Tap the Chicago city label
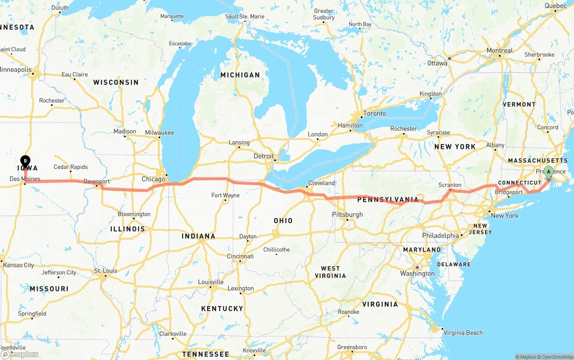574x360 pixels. tap(153, 179)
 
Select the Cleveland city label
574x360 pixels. tap(322, 183)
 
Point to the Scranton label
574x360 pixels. tap(450, 185)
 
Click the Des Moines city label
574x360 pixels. tap(25, 179)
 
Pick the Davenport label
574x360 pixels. tap(96, 182)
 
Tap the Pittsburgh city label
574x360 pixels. tap(347, 215)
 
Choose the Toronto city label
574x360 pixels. tap(374, 113)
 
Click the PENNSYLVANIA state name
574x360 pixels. tap(388, 199)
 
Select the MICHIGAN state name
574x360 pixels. tap(240, 75)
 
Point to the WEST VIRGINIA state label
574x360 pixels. tap(330, 272)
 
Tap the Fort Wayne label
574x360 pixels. tap(225, 195)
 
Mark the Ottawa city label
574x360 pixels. tap(437, 63)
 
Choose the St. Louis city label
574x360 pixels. tap(105, 271)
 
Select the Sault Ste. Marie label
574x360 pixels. tap(245, 17)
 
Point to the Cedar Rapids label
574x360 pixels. tap(71, 167)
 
